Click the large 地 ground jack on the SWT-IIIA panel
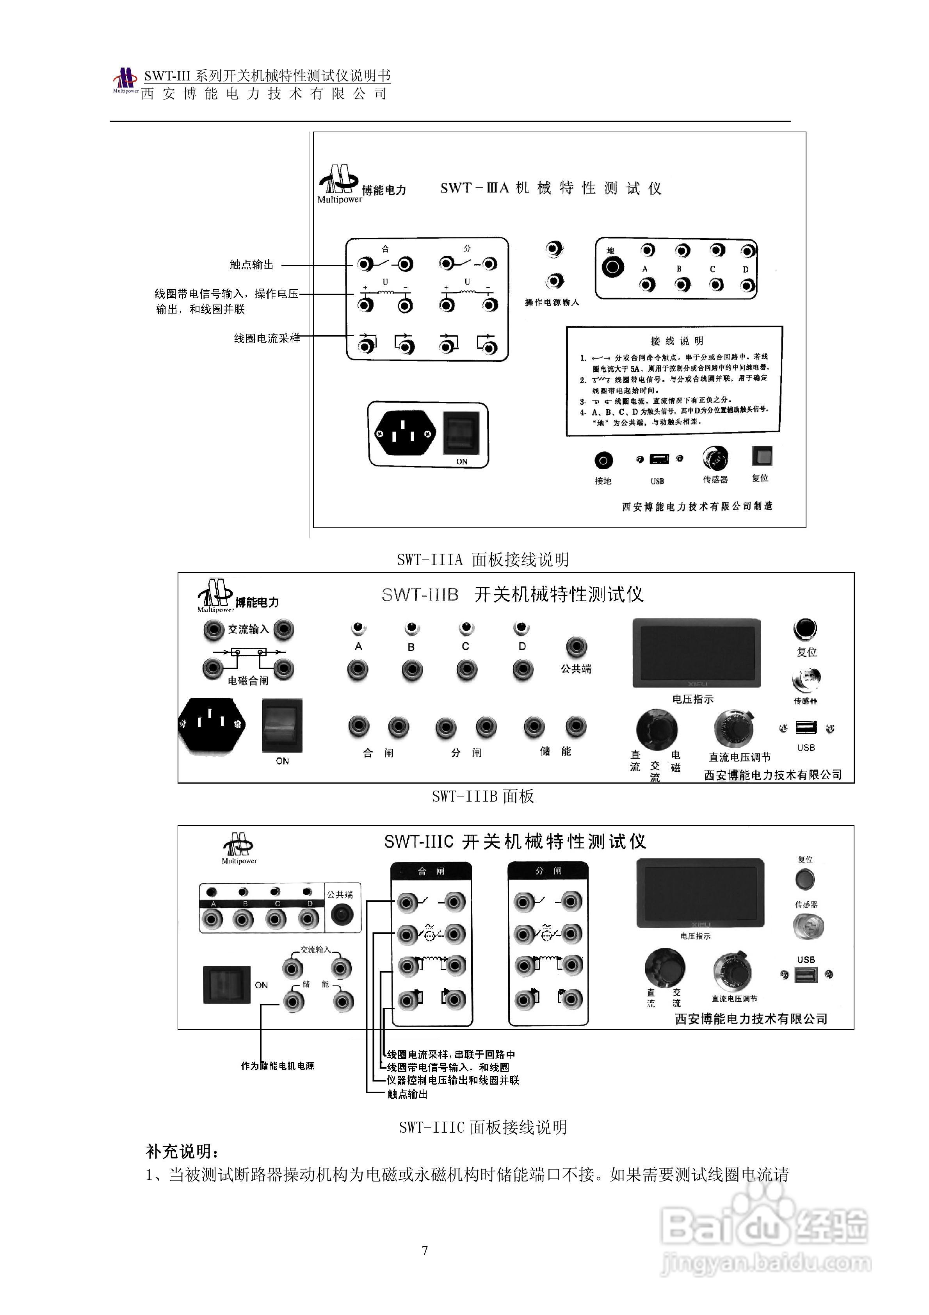[612, 267]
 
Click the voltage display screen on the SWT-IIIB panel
[696, 653]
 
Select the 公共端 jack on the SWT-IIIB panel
[576, 647]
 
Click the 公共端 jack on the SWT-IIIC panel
[342, 915]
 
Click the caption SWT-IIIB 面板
[483, 796]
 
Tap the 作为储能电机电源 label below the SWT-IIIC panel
[278, 1066]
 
